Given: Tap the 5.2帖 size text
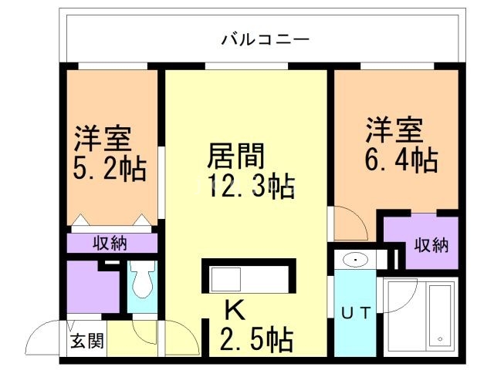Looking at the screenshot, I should pos(110,169).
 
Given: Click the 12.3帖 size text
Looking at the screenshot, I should pos(251,187).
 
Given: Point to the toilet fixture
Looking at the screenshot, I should pos(141,284).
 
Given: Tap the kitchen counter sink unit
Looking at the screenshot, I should pos(247,277).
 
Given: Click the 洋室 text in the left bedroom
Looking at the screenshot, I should pos(103,140).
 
